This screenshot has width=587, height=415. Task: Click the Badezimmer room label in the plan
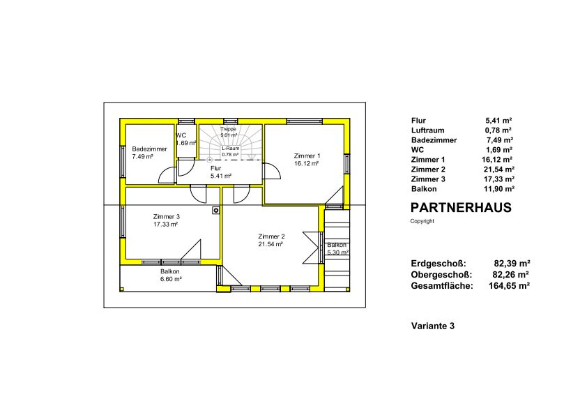pyautogui.click(x=149, y=149)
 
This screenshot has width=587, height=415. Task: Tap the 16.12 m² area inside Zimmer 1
pyautogui.click(x=306, y=164)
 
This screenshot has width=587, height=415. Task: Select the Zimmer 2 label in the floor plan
pyautogui.click(x=271, y=236)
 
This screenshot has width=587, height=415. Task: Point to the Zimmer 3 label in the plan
pyautogui.click(x=166, y=217)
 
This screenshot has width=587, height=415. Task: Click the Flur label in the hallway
pyautogui.click(x=215, y=169)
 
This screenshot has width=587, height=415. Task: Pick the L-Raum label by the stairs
pyautogui.click(x=230, y=149)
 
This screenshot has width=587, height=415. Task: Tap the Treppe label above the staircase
pyautogui.click(x=228, y=129)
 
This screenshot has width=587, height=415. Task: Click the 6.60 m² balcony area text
pyautogui.click(x=171, y=279)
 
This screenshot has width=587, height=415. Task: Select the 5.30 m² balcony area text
pyautogui.click(x=338, y=252)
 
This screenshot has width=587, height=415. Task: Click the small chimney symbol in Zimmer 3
pyautogui.click(x=216, y=211)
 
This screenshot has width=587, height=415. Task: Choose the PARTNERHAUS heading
pyautogui.click(x=461, y=208)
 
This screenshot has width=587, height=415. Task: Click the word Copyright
pyautogui.click(x=422, y=221)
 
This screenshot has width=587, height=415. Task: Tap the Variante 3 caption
pyautogui.click(x=433, y=326)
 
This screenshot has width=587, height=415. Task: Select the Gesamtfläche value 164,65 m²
pyautogui.click(x=509, y=286)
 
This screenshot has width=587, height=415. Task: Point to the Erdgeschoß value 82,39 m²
pyautogui.click(x=512, y=264)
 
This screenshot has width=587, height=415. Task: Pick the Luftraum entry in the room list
pyautogui.click(x=427, y=130)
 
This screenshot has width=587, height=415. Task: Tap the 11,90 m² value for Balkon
pyautogui.click(x=499, y=189)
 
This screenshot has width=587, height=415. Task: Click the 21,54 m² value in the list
pyautogui.click(x=499, y=169)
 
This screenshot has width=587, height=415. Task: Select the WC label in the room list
pyautogui.click(x=418, y=150)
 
